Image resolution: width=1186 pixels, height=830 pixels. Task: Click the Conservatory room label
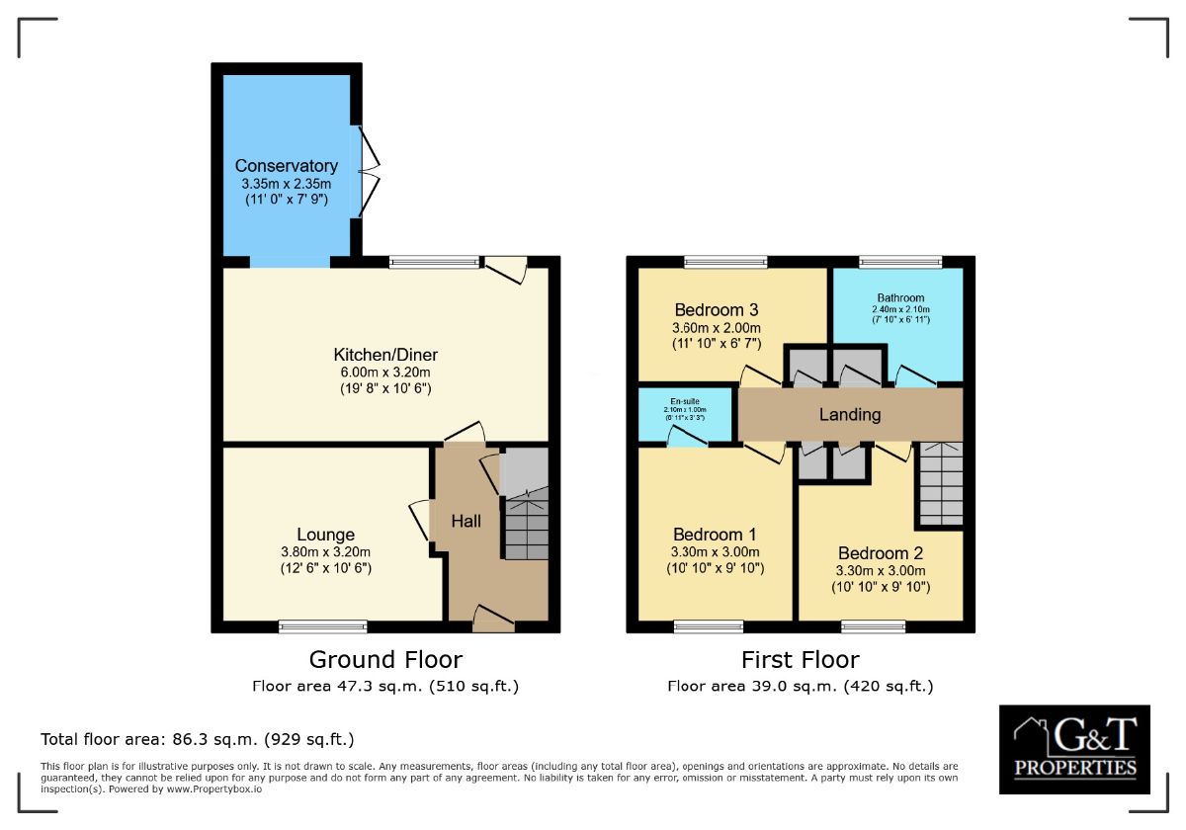(x=286, y=166)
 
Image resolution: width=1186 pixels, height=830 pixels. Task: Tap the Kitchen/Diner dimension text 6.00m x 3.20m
(x=384, y=373)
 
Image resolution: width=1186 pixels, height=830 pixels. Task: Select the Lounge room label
(x=325, y=535)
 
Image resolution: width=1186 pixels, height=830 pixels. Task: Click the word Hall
(x=466, y=521)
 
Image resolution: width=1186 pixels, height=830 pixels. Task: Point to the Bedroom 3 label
(x=717, y=308)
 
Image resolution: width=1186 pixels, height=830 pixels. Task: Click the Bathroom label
(x=900, y=297)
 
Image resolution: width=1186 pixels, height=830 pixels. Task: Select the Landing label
(x=849, y=414)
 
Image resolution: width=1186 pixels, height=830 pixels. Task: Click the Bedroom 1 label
(x=715, y=534)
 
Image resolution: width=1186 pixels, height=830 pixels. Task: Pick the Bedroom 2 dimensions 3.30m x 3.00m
(x=881, y=570)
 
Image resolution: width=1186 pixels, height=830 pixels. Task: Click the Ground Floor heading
(x=385, y=659)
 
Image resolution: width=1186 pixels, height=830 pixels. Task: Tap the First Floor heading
(x=800, y=659)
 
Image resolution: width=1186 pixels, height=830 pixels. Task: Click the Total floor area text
(x=197, y=739)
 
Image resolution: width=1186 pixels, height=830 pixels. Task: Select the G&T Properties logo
(x=1074, y=748)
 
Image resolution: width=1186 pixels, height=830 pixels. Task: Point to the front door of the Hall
(x=493, y=619)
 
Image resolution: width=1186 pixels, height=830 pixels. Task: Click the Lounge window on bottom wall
(x=323, y=625)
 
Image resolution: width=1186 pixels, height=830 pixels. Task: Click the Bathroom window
(x=899, y=262)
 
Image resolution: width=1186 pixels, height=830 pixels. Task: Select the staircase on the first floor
(x=940, y=484)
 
